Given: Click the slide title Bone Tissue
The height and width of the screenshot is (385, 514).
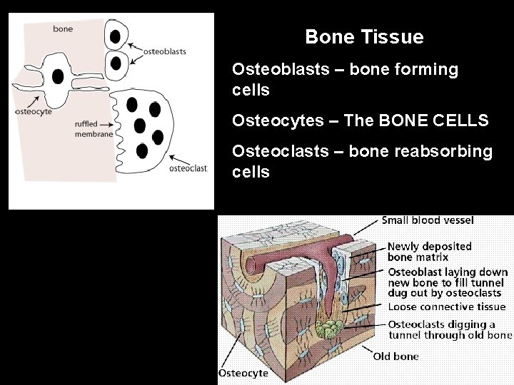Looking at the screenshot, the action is (x=364, y=36).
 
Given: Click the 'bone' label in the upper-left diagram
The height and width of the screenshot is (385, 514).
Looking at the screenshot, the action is (x=63, y=29).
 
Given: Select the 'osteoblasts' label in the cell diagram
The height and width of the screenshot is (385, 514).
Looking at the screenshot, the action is (x=165, y=51).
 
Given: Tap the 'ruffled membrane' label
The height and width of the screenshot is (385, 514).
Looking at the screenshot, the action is (x=94, y=129).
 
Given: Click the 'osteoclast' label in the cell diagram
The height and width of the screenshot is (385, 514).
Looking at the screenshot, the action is (x=188, y=168).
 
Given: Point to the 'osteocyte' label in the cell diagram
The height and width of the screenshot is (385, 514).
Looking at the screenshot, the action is (x=34, y=111).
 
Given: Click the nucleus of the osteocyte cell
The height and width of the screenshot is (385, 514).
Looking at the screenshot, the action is (x=57, y=76).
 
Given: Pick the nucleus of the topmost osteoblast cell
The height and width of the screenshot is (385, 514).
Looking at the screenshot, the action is (x=115, y=35).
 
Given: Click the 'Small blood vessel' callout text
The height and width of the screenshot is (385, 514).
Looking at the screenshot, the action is (x=428, y=220).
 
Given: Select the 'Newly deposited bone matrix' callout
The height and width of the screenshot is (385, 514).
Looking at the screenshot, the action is (x=429, y=251).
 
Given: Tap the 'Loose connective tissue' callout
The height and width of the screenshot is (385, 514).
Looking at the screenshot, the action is (x=446, y=307).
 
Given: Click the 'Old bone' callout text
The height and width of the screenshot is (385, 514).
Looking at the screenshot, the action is (x=395, y=356).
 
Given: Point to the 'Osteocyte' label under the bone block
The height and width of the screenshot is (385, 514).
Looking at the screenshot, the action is (x=243, y=372).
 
